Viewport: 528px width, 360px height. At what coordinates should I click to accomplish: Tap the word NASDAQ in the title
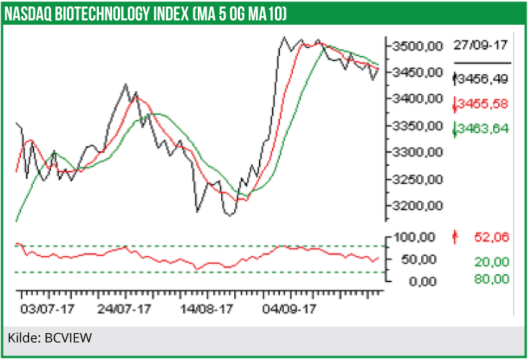32,14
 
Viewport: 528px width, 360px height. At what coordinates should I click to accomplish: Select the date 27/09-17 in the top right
479,45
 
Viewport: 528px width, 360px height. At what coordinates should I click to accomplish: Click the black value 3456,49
482,77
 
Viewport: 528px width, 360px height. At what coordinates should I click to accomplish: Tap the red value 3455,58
482,104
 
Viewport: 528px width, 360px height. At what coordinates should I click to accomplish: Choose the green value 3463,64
482,131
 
